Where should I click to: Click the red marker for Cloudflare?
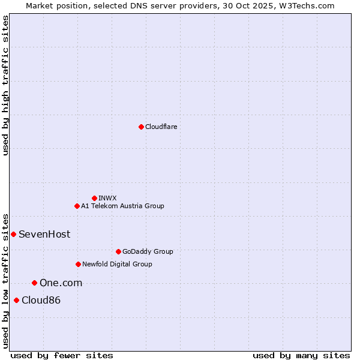point(141,127)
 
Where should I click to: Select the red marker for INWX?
point(94,198)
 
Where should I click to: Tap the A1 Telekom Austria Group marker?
point(77,206)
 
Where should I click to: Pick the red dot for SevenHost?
point(13,234)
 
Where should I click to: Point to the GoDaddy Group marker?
point(118,251)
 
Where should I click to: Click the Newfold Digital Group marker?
point(78,264)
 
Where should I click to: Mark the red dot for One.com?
point(34,283)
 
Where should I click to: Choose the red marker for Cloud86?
point(16,300)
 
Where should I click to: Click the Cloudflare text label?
point(161,127)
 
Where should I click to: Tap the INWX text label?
point(107,198)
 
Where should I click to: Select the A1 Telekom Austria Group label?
point(122,206)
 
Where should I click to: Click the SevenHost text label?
point(44,234)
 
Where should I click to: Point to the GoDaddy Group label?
point(148,251)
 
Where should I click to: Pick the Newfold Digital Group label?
point(117,264)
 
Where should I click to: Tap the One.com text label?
point(61,283)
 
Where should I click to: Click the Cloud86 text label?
point(41,300)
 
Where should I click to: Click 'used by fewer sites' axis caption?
point(62,355)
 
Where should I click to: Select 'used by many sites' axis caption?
point(301,355)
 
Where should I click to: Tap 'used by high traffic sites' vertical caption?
point(6,86)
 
